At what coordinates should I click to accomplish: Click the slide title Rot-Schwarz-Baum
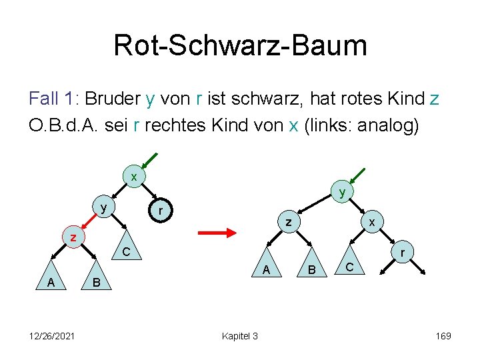[x=240, y=45]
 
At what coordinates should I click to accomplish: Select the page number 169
[x=443, y=336]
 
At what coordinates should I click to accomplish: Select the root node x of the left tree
[x=134, y=177]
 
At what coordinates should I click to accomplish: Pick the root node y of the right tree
[x=342, y=192]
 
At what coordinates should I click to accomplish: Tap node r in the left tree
[x=159, y=211]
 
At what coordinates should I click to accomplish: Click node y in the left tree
[x=103, y=207]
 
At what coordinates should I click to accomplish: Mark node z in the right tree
[x=288, y=222]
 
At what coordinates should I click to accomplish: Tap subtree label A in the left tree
[x=51, y=283]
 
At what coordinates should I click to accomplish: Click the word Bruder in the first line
[x=111, y=99]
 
